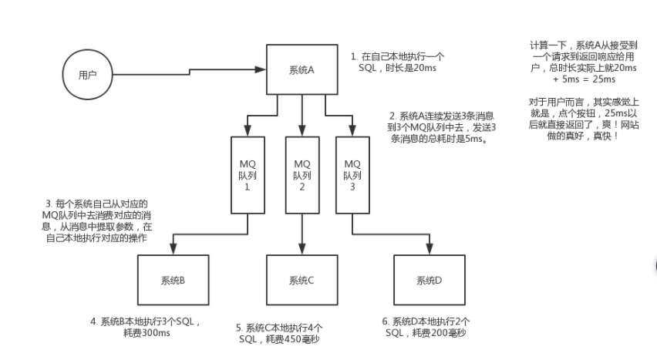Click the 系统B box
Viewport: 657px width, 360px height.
click(x=171, y=280)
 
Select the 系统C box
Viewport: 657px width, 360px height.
click(x=301, y=280)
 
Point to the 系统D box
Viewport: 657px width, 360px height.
click(x=429, y=280)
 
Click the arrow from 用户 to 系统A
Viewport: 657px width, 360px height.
click(x=189, y=73)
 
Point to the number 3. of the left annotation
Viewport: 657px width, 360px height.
click(x=49, y=204)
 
